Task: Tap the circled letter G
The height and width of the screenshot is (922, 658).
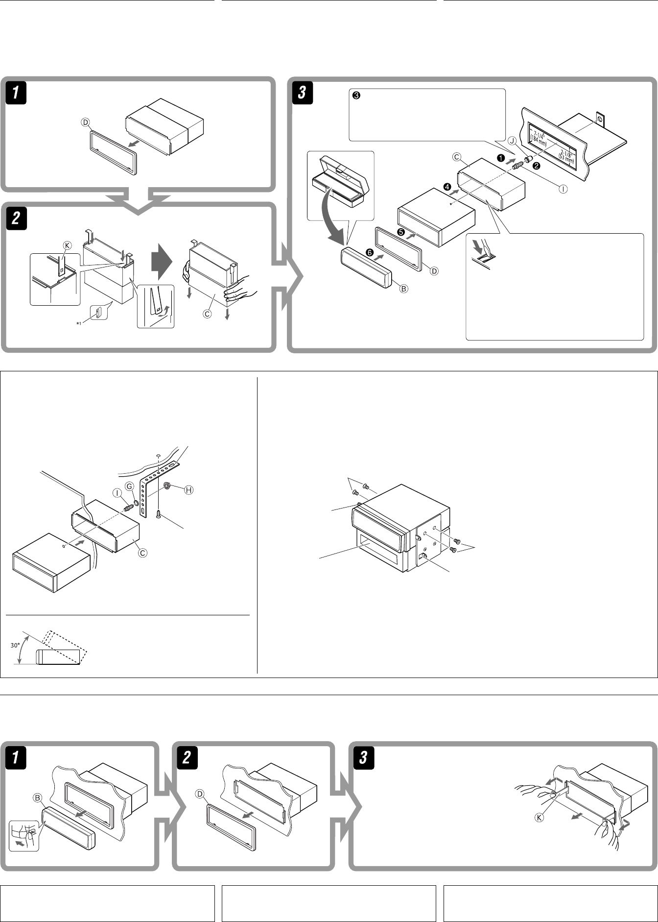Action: click(x=129, y=485)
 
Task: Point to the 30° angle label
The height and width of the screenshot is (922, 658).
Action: click(x=15, y=645)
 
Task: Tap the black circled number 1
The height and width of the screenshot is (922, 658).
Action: click(x=500, y=158)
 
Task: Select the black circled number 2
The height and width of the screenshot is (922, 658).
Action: click(x=537, y=166)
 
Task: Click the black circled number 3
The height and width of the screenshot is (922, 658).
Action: click(x=356, y=96)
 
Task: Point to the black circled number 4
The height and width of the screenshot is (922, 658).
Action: click(x=447, y=187)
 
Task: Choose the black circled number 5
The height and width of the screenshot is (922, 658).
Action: click(x=400, y=232)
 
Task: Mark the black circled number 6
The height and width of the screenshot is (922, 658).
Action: click(x=368, y=252)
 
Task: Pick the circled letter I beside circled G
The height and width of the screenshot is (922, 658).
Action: click(x=117, y=493)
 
